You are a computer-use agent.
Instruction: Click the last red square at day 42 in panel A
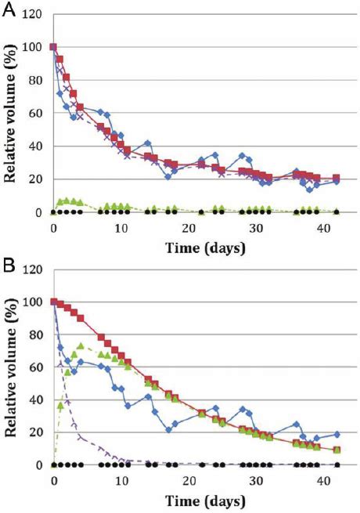[337, 179]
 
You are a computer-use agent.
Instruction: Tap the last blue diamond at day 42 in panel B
[337, 434]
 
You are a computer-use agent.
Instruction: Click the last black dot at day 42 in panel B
[337, 464]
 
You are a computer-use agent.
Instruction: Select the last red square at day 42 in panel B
[337, 450]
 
